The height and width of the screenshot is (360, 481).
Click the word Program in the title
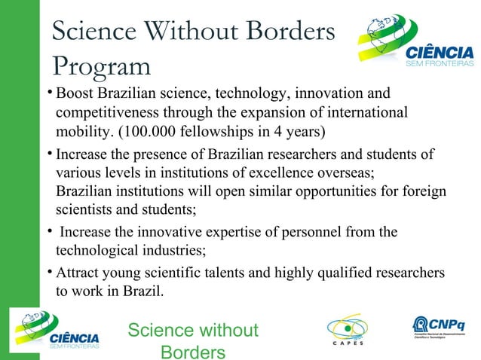coord(102,66)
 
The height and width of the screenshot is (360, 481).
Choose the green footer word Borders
coord(193,350)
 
